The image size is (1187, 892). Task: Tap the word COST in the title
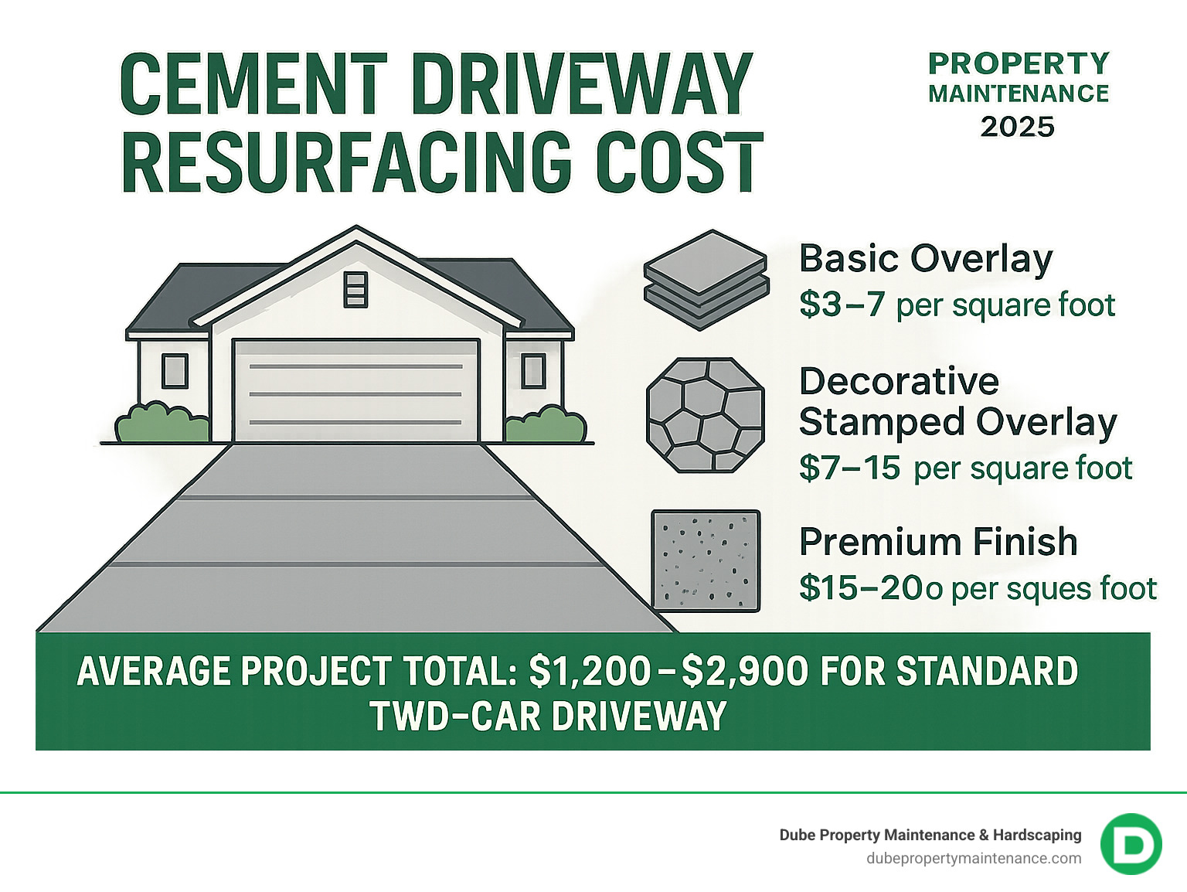(680, 164)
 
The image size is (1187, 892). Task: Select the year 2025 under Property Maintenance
(1017, 127)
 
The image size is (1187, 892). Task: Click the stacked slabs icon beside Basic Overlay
(706, 280)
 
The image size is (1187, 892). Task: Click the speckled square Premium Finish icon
(706, 560)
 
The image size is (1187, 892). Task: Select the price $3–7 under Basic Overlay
(842, 305)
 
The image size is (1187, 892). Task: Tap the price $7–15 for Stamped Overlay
(849, 468)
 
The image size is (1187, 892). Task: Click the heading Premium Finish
(938, 542)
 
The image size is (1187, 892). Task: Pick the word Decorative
(899, 381)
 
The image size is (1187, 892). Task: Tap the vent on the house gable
(355, 289)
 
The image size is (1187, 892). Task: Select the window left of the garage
(175, 371)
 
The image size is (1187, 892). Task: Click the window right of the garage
(533, 371)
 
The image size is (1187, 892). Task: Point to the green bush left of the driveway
(162, 424)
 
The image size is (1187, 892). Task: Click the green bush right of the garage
(546, 425)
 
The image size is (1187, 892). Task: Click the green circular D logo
(1131, 844)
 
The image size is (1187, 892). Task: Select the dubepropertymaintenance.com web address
(974, 858)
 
